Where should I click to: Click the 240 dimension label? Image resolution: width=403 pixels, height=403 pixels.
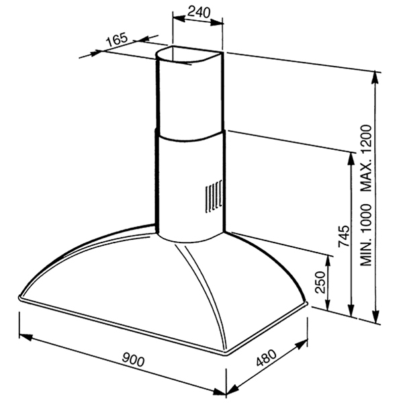[199, 12]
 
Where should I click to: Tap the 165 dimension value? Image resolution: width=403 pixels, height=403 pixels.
[117, 40]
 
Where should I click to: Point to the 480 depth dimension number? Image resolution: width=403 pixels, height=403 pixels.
[267, 358]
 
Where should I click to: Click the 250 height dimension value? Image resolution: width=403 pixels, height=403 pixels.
[320, 282]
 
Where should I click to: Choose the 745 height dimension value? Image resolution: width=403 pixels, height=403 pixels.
[344, 236]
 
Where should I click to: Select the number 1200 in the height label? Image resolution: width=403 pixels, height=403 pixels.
[366, 139]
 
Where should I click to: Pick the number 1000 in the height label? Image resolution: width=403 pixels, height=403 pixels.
[366, 219]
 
